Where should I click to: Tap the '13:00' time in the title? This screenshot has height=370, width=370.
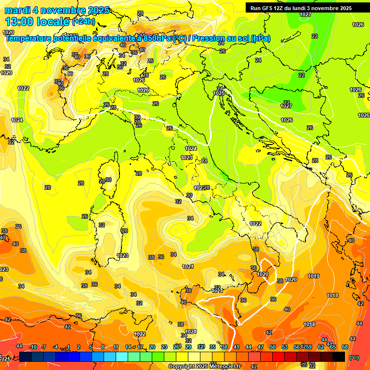click(x=19, y=21)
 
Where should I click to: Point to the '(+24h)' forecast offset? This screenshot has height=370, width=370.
click(x=83, y=22)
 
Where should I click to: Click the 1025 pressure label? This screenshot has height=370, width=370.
click(x=219, y=93)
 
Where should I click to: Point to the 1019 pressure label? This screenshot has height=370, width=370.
click(x=314, y=276)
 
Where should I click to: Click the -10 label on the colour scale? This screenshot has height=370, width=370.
click(x=33, y=347)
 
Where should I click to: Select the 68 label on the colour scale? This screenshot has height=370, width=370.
click(x=345, y=347)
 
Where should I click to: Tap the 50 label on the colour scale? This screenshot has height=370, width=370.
click(x=273, y=347)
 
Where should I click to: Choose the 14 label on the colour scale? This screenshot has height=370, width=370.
click(x=128, y=347)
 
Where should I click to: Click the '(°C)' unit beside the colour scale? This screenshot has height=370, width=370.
click(x=354, y=357)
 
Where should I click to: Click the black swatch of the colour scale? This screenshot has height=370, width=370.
click(x=339, y=357)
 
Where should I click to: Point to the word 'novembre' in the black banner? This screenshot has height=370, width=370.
click(x=327, y=8)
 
